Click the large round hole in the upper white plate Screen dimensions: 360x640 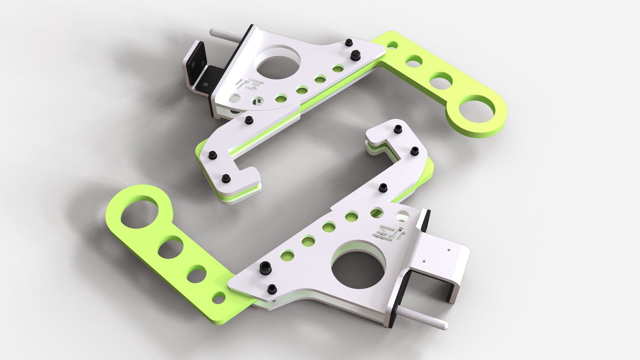278,63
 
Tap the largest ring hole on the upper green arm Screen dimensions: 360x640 476,111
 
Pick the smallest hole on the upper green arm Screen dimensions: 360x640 392,45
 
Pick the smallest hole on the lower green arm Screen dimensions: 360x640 218,298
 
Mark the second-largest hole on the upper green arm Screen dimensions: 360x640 441,81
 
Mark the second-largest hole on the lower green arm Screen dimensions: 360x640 171,248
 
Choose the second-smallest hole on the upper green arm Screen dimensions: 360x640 414,60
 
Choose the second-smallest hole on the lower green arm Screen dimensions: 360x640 197,275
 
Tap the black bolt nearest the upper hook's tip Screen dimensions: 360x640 226,178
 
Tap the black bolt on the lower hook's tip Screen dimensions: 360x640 398,129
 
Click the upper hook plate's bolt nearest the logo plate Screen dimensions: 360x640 249,120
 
